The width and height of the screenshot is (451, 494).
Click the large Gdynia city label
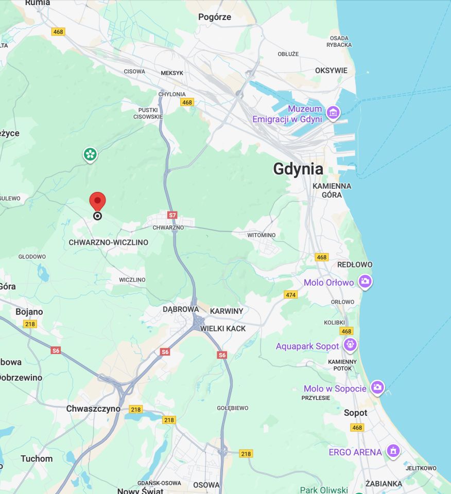(x=298, y=169)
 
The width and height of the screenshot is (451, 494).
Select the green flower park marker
(x=90, y=154)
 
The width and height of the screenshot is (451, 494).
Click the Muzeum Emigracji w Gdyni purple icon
(x=333, y=112)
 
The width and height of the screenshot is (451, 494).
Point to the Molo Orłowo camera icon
(x=365, y=281)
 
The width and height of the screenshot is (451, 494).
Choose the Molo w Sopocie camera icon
(x=378, y=387)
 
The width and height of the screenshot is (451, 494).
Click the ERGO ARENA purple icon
(x=393, y=451)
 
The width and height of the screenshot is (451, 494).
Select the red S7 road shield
(x=172, y=215)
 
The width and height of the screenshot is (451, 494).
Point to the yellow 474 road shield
(x=291, y=294)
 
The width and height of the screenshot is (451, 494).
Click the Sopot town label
(x=355, y=413)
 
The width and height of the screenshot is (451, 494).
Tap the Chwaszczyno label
(x=93, y=409)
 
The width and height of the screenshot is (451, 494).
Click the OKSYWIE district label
(x=331, y=70)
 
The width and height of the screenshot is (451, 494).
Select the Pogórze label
(x=215, y=17)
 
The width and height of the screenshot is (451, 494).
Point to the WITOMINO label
(x=261, y=235)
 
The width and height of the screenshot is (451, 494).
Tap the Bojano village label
(x=29, y=312)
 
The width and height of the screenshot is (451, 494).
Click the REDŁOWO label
(x=355, y=264)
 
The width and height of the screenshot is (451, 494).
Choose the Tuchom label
(x=37, y=458)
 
